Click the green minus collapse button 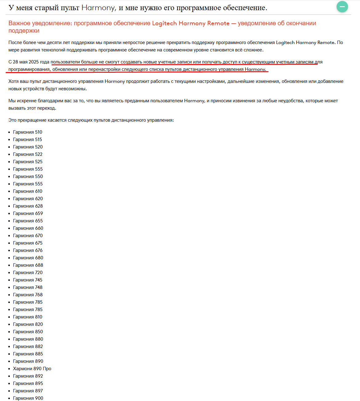click(x=342, y=7)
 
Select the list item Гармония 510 click(x=27, y=132)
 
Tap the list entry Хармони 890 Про click(x=32, y=369)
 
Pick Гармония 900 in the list click(x=28, y=398)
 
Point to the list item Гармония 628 click(x=28, y=206)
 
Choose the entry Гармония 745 click(x=28, y=280)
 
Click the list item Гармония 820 click(x=28, y=324)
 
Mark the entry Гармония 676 click(x=28, y=250)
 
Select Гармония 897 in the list click(x=28, y=391)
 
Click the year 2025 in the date click(x=34, y=62)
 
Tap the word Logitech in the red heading click(x=164, y=23)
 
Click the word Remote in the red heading click(x=218, y=23)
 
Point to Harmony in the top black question click(x=98, y=8)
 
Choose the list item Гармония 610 click(x=28, y=191)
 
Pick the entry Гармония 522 click(x=28, y=154)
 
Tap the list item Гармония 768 click(x=28, y=295)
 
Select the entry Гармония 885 click(x=28, y=354)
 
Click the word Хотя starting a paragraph click(x=14, y=81)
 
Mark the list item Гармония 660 click(x=28, y=228)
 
